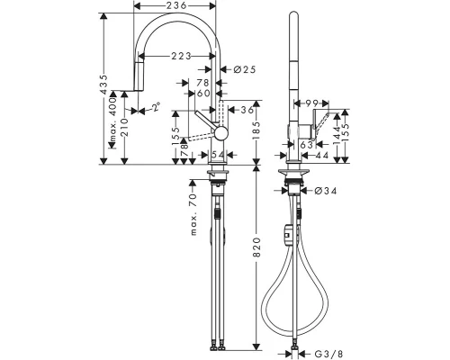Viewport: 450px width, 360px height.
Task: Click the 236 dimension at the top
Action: tap(176, 6)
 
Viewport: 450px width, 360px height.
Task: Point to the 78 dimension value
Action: tap(202, 83)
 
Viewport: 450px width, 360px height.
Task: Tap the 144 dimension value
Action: tap(337, 135)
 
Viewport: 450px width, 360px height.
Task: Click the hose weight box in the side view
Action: tap(287, 234)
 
